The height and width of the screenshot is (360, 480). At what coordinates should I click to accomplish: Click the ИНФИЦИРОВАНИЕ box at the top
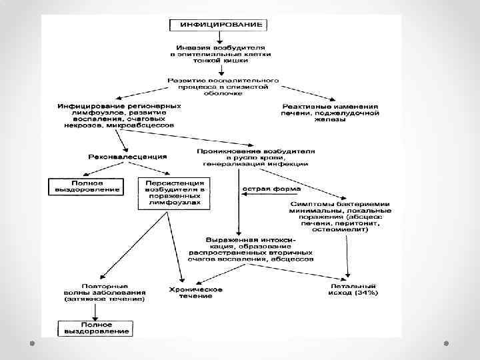tap(219, 25)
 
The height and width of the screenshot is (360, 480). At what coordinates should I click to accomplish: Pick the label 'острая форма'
tap(266, 189)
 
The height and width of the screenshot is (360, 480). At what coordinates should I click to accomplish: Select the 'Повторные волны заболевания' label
tap(105, 293)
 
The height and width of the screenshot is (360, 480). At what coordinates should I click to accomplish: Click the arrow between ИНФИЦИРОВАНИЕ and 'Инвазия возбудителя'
tap(219, 38)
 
